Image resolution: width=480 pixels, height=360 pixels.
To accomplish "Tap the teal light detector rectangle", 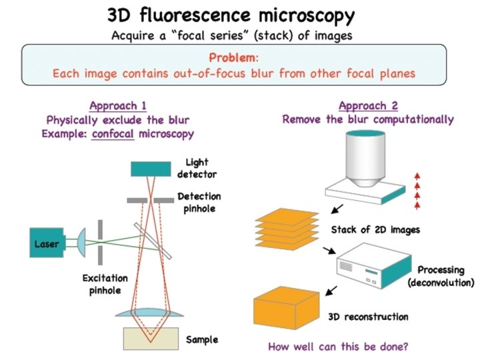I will point(151,169).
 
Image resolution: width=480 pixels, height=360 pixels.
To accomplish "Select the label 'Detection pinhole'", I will point(198,203).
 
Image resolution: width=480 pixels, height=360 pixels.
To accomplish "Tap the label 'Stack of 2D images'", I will point(375,231).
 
